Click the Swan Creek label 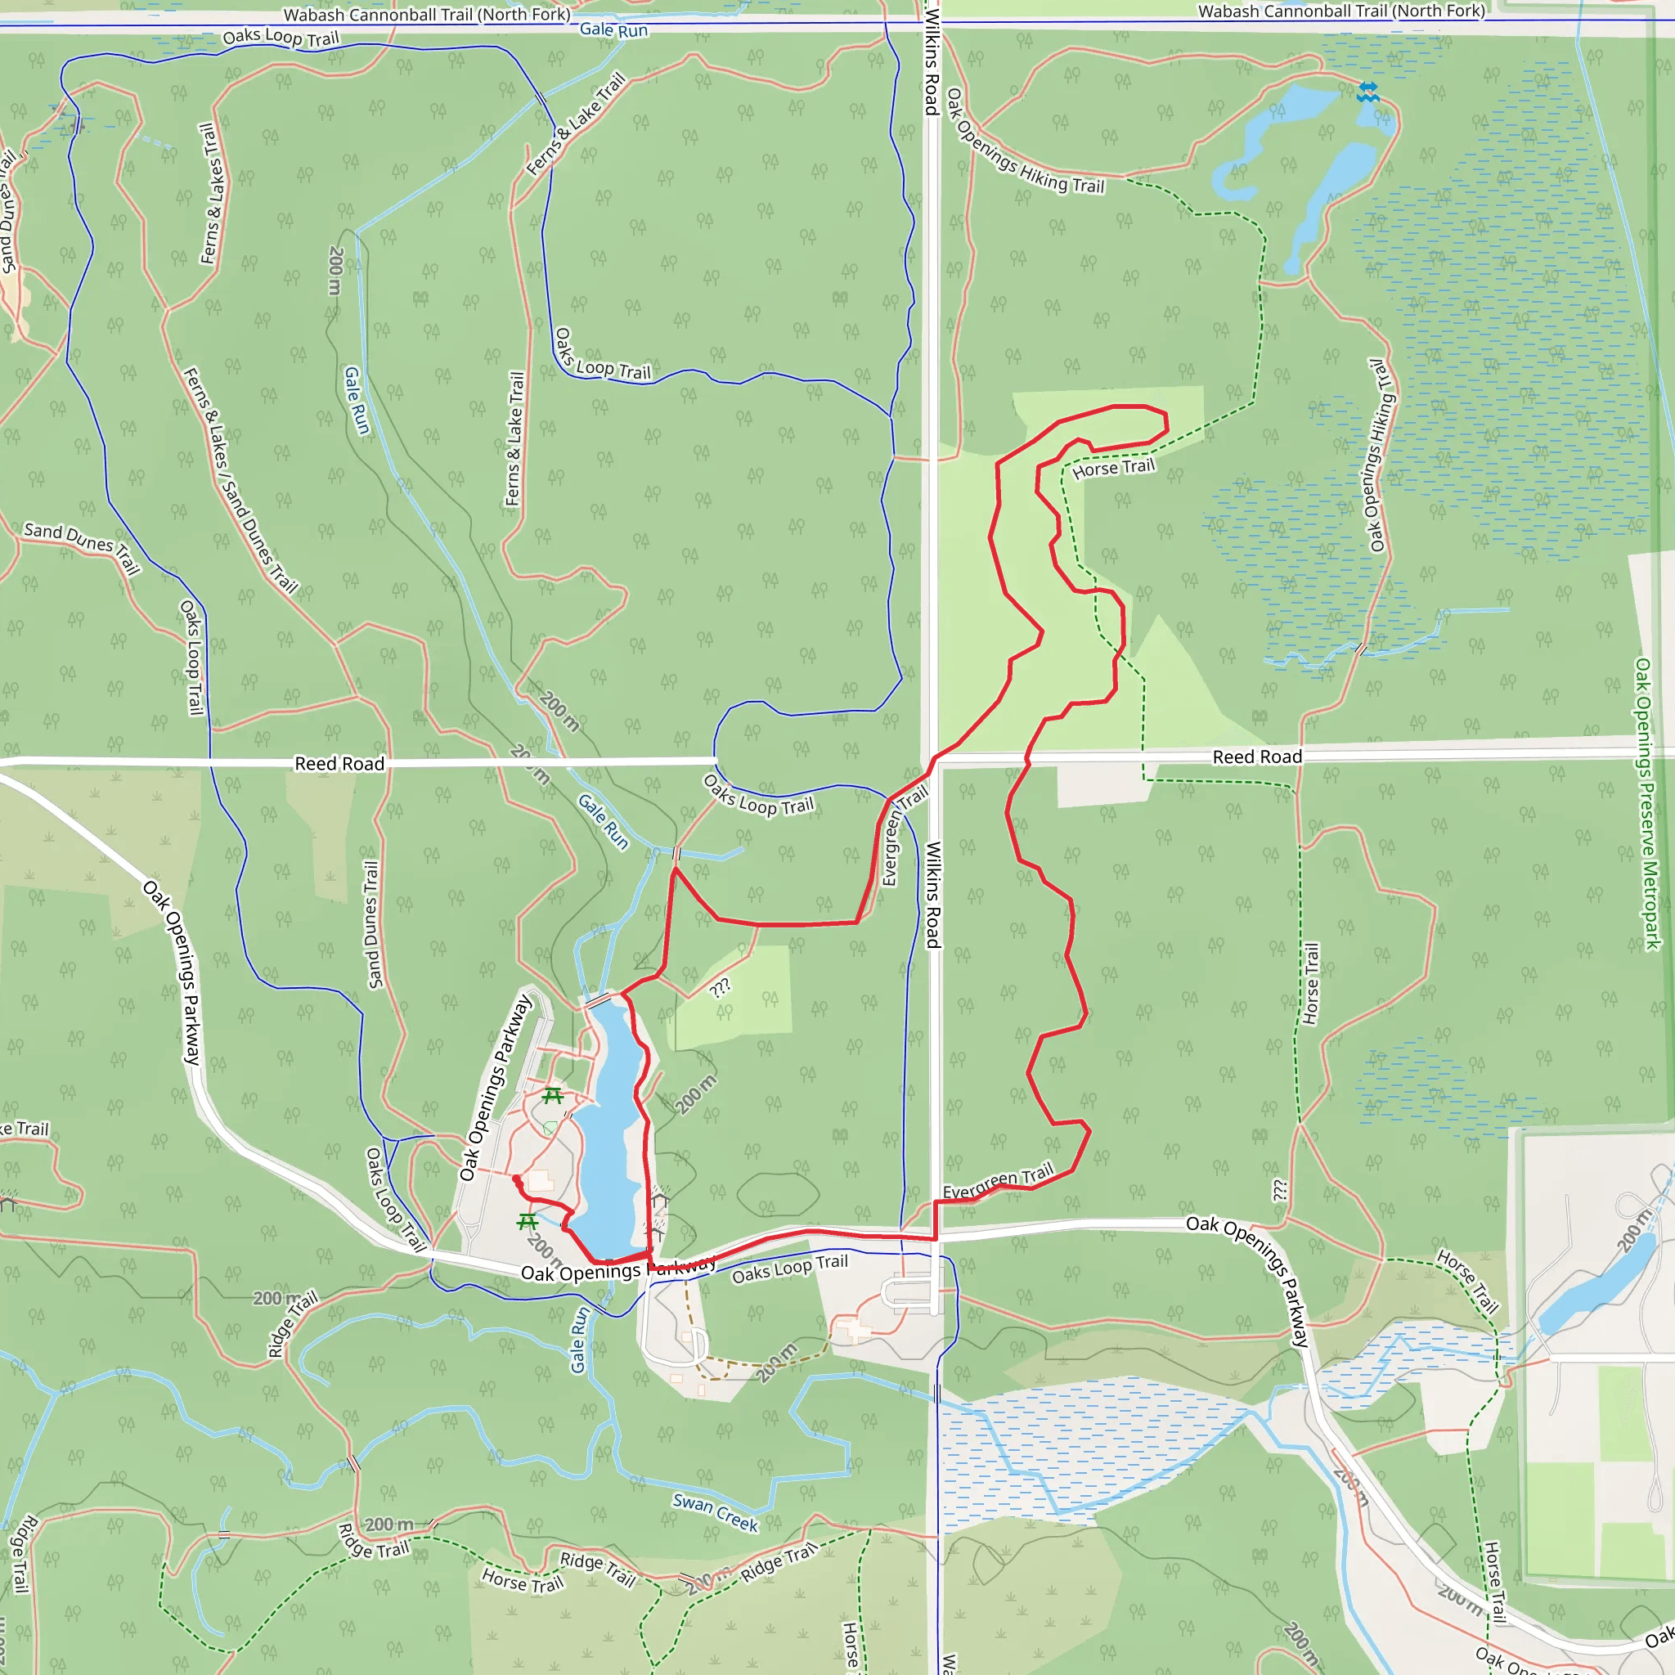tap(716, 1512)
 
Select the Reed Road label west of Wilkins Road tap(339, 764)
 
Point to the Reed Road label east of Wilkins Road tap(1256, 757)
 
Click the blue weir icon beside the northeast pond tap(1368, 92)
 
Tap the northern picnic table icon tap(552, 1096)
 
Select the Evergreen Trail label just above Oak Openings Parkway tap(997, 1181)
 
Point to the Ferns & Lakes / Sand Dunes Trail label tap(240, 481)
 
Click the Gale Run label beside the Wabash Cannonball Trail tap(614, 29)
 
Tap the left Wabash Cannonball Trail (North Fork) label tap(427, 15)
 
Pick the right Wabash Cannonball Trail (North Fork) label tap(1341, 11)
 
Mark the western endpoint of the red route tap(517, 1179)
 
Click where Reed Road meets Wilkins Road tap(932, 760)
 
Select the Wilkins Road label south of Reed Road tap(933, 895)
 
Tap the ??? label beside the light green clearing tap(721, 987)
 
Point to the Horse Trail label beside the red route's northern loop tap(1113, 468)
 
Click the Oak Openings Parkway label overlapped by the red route tap(618, 1271)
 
